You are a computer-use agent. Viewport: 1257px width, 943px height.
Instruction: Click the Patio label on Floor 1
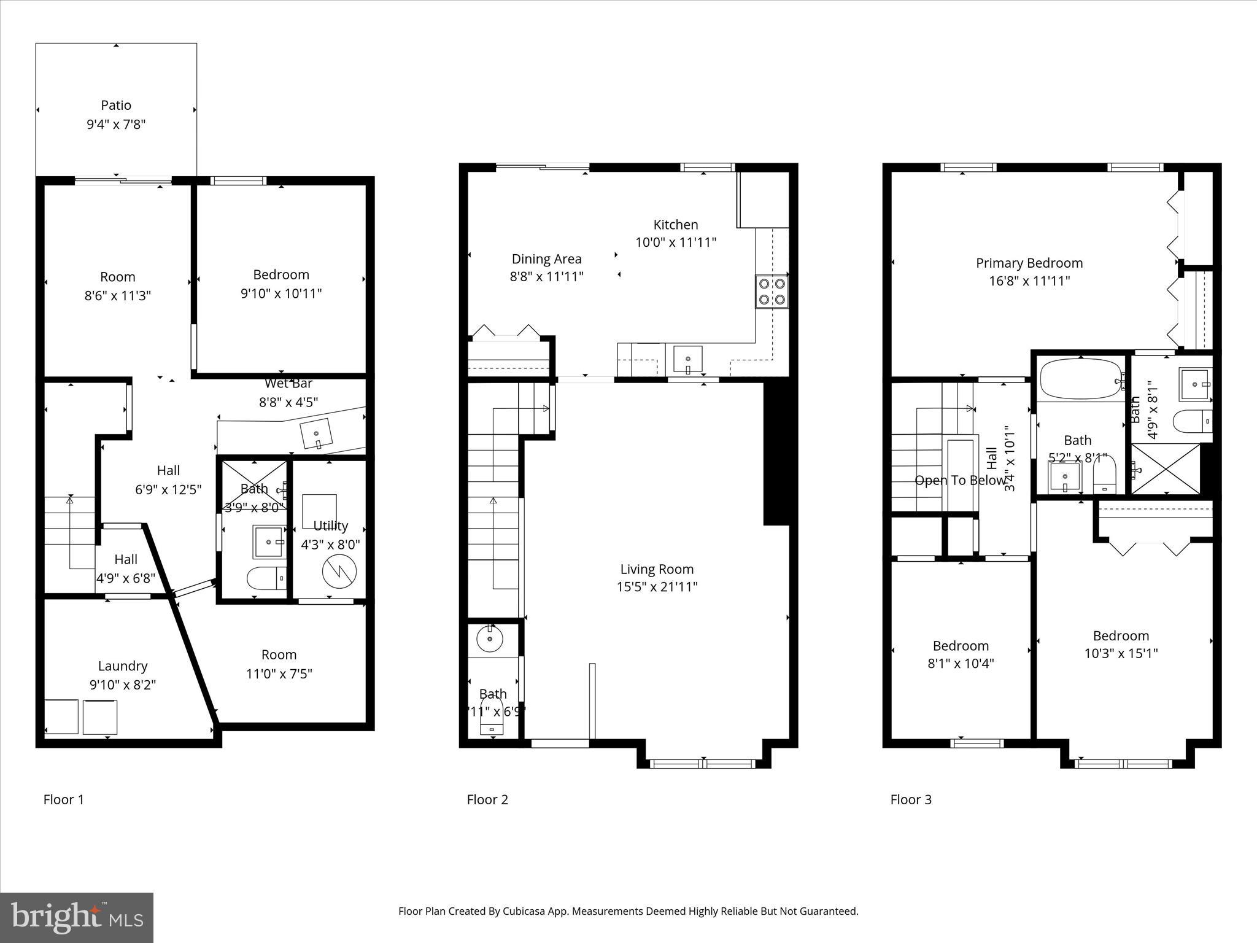click(x=116, y=106)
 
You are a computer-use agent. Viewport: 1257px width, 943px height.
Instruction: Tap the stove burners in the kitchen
click(x=772, y=292)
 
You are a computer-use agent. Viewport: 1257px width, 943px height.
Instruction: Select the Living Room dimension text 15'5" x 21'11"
click(x=657, y=587)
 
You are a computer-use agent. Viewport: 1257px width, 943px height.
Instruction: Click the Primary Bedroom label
click(x=1029, y=263)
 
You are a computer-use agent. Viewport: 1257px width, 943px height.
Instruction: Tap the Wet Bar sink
click(x=317, y=435)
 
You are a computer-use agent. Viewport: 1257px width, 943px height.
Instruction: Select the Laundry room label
click(x=123, y=666)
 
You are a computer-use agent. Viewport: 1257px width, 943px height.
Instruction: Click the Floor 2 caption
click(x=487, y=799)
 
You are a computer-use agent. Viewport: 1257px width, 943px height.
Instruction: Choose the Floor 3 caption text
click(x=911, y=799)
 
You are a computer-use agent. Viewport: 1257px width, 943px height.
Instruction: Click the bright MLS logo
click(x=77, y=918)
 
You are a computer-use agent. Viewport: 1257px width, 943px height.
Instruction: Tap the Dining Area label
click(x=546, y=259)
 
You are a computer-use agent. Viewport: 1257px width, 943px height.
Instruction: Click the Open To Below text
click(x=960, y=481)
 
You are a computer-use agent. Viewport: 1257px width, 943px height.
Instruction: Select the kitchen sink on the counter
click(x=688, y=360)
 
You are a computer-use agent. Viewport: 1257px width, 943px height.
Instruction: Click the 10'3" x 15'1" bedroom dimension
click(x=1121, y=654)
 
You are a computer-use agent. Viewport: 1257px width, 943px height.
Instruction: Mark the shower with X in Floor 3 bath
click(x=1166, y=468)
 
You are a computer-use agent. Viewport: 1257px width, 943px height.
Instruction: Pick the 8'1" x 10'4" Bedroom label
click(x=961, y=646)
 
